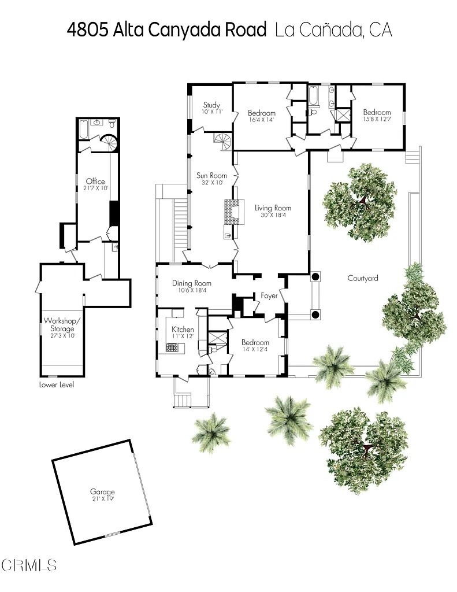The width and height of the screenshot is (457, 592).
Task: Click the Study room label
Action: tap(211, 105)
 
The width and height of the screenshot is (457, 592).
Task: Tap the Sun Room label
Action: tap(211, 175)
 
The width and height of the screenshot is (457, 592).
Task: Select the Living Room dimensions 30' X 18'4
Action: tap(273, 215)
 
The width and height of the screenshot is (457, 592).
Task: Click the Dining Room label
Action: tap(192, 283)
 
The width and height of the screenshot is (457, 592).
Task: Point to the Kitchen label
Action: tap(183, 330)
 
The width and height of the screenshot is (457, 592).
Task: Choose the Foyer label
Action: tap(269, 295)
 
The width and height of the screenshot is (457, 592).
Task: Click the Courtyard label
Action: tap(362, 278)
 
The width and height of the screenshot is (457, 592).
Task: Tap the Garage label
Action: tap(102, 492)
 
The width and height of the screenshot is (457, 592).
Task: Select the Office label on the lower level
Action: tap(95, 181)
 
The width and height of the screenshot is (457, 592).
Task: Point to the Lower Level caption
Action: tap(56, 384)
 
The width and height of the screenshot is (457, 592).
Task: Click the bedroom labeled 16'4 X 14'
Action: tap(261, 113)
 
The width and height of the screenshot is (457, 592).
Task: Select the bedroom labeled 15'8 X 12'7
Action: tap(377, 112)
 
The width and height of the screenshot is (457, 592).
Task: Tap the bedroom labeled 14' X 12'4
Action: tap(255, 342)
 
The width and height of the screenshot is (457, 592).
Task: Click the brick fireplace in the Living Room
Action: tap(232, 211)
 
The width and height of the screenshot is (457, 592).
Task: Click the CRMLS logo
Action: tap(29, 564)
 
